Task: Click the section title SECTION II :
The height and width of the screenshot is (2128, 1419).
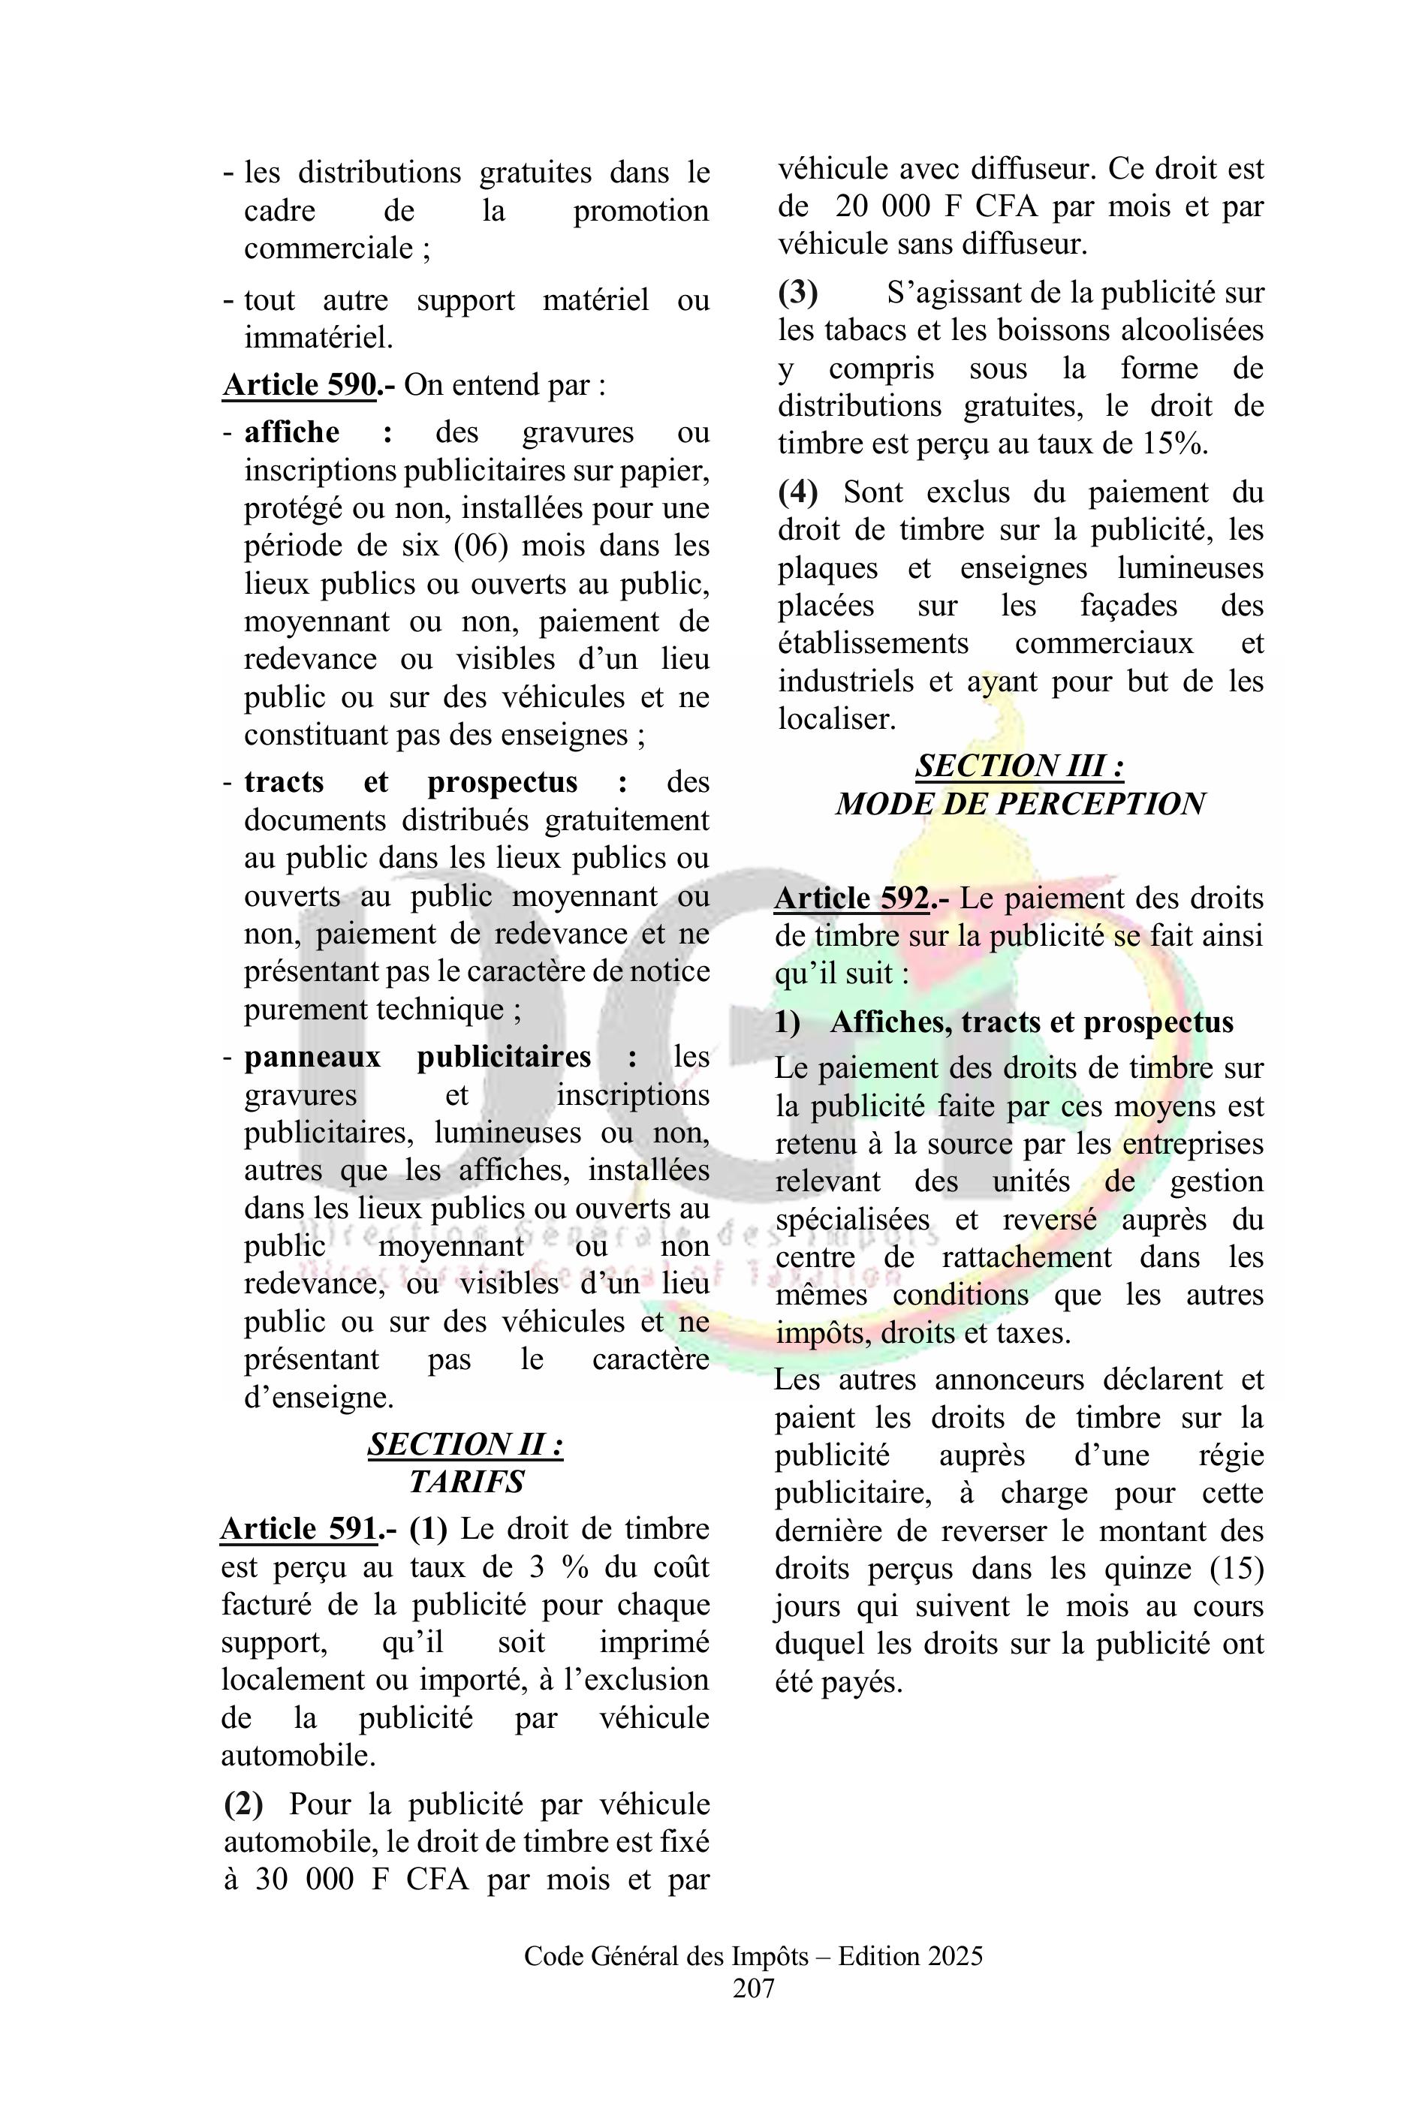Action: pos(465,1444)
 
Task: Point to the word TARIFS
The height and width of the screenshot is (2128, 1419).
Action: pos(466,1481)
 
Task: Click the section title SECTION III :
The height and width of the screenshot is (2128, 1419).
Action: pos(1020,766)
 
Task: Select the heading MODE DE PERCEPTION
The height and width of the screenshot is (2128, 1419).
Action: pos(1020,803)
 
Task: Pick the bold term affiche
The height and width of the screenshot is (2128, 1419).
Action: pos(291,432)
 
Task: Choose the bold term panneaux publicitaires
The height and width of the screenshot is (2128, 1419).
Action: pos(417,1056)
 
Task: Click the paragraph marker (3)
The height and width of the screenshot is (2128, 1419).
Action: pos(797,292)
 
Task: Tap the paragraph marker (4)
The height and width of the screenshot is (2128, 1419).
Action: pos(797,492)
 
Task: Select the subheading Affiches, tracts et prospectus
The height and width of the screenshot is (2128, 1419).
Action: pos(1031,1022)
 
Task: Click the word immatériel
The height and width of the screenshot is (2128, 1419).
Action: pos(318,338)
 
